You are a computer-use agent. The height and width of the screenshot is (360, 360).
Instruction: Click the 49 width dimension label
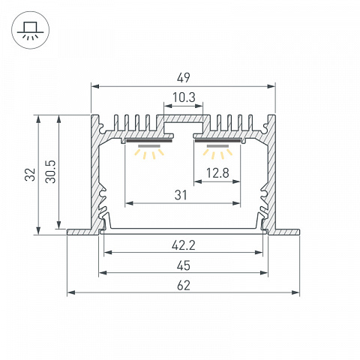pos(184,77)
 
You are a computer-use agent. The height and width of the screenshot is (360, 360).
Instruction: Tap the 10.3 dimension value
pos(184,97)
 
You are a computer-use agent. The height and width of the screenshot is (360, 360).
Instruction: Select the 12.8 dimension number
pos(217,173)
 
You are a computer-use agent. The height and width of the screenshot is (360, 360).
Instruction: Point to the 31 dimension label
pos(181,195)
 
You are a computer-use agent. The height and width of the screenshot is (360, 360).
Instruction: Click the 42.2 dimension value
pos(184,245)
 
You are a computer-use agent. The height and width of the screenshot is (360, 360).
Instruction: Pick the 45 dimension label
pos(184,265)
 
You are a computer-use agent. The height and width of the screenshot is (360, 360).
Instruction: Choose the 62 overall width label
pos(184,286)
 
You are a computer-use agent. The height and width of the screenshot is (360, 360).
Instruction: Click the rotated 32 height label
pos(30,175)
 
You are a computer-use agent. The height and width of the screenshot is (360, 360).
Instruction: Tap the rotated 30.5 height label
pos(51,172)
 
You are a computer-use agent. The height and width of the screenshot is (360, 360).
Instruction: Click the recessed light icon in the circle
pos(31,30)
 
